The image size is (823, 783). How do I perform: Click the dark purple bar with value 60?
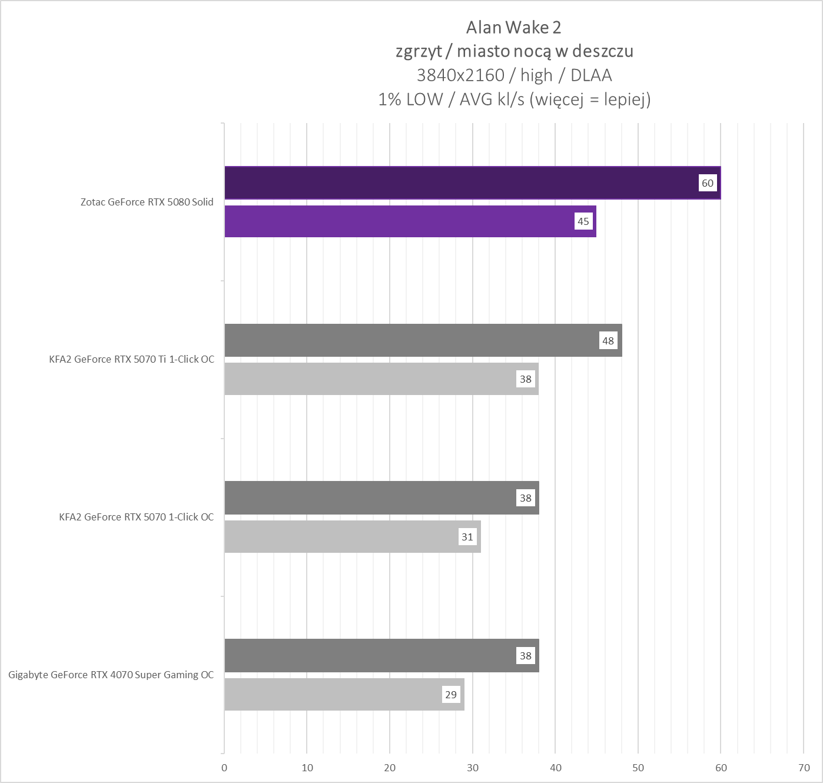click(x=459, y=183)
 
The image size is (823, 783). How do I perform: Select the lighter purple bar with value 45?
click(x=400, y=221)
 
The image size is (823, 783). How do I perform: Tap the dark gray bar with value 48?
click(x=412, y=340)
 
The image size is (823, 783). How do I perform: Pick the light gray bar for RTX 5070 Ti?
click(x=371, y=379)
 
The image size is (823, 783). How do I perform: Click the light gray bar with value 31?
click(x=341, y=536)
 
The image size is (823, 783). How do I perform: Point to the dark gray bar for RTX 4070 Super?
click(x=371, y=655)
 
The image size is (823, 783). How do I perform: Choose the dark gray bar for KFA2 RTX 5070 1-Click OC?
click(x=371, y=498)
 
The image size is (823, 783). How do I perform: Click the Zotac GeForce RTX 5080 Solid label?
click(x=147, y=202)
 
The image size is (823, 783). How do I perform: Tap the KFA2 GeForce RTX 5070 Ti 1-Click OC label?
click(x=131, y=359)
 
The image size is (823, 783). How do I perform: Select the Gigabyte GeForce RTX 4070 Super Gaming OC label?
click(x=111, y=675)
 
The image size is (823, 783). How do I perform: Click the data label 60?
click(x=708, y=183)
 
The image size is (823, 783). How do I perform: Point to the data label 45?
click(x=583, y=221)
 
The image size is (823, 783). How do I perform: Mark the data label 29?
click(x=451, y=695)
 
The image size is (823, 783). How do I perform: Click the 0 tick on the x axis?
click(x=224, y=768)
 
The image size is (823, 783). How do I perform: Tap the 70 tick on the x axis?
click(x=804, y=768)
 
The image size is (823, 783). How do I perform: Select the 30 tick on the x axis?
click(x=473, y=768)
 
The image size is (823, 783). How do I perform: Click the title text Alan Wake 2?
click(x=513, y=28)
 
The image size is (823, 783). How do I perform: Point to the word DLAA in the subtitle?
click(x=591, y=75)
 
